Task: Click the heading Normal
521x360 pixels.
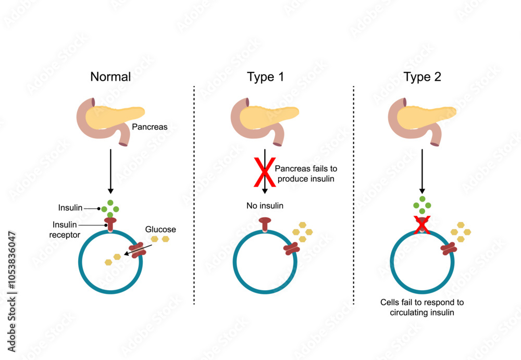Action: [110, 77]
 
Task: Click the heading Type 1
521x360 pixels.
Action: [266, 77]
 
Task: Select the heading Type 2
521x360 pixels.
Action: [422, 77]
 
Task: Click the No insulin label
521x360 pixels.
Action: [265, 206]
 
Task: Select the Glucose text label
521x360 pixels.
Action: [160, 229]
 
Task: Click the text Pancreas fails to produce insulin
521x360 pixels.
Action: [306, 174]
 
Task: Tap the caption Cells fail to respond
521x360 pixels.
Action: [422, 307]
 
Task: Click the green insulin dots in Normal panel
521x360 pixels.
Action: [110, 209]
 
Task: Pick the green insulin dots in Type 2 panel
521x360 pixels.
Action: [423, 206]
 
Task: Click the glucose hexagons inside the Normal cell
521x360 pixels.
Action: [113, 259]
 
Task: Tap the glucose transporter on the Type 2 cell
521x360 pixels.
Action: [448, 250]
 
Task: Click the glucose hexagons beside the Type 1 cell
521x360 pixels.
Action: [299, 232]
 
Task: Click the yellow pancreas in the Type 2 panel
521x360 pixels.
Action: [425, 117]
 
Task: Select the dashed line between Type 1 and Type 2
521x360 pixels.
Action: [354, 193]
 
